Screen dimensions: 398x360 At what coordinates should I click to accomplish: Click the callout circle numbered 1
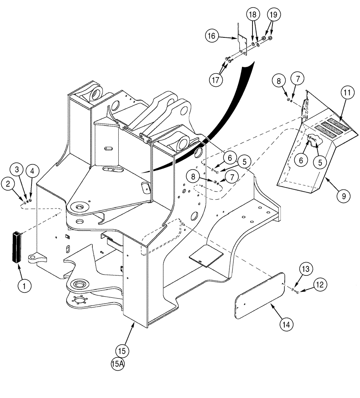click(x=24, y=285)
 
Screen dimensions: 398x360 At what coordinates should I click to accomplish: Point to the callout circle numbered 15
click(x=123, y=351)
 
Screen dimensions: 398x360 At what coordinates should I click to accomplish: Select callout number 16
click(x=212, y=36)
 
